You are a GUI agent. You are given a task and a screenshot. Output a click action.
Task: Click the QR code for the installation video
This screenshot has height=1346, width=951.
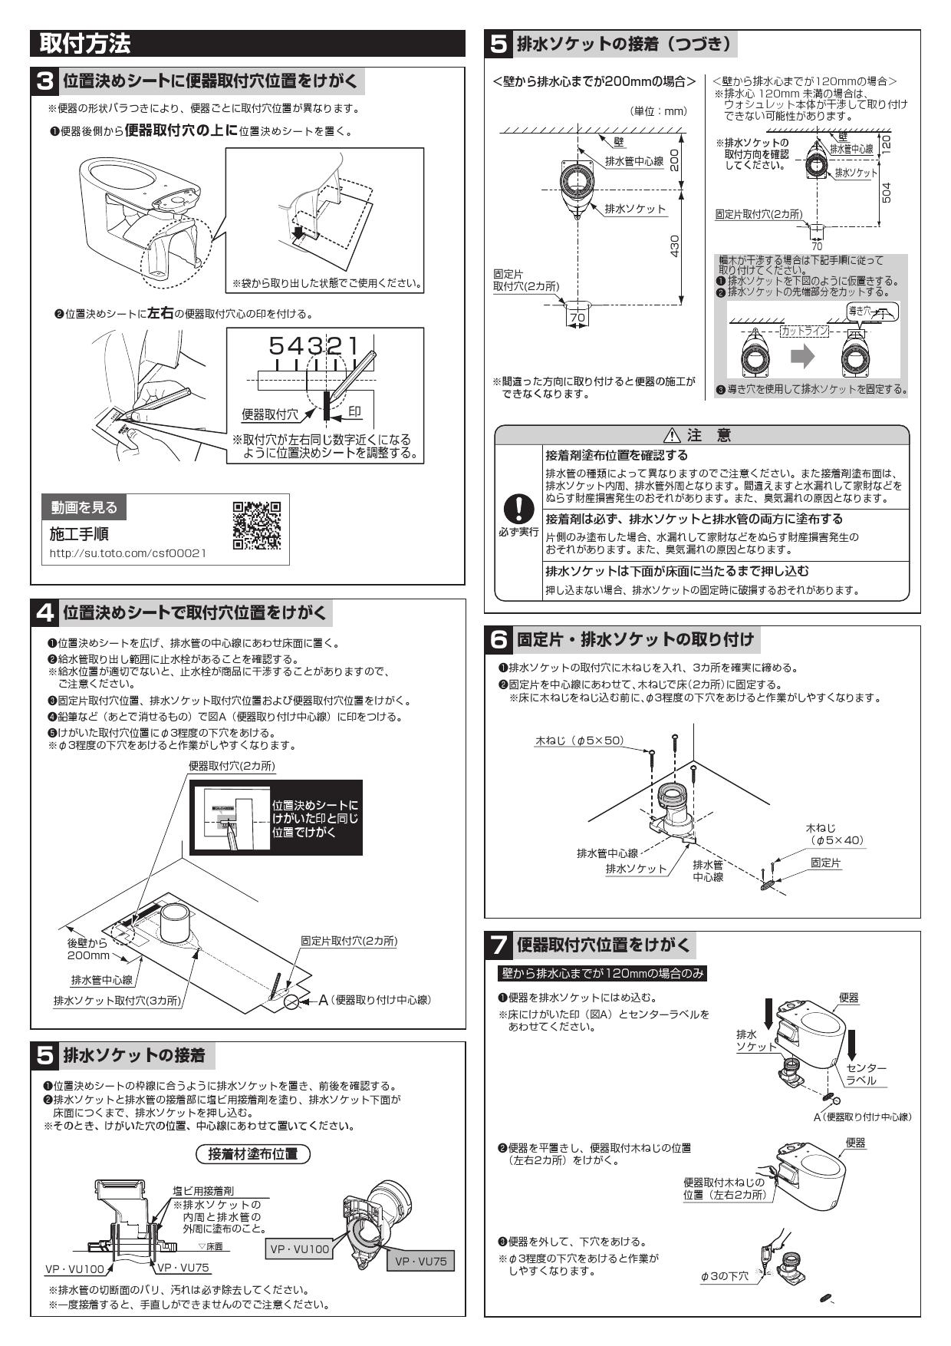tap(256, 526)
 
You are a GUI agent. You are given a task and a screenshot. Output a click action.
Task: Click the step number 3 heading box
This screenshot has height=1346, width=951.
tap(46, 81)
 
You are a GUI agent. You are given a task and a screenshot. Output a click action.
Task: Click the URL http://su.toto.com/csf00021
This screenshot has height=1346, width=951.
tap(128, 553)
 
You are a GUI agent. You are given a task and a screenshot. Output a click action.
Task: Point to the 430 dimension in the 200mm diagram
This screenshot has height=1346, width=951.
tap(675, 246)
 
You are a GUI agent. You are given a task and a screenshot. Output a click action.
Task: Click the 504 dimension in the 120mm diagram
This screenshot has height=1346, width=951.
tap(887, 192)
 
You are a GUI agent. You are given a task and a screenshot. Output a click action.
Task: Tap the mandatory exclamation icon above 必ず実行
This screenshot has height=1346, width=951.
tap(518, 506)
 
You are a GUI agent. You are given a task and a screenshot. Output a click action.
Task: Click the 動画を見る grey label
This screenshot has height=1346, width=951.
tap(84, 507)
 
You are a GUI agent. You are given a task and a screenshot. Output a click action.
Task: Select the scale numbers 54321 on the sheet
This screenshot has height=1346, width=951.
tap(313, 347)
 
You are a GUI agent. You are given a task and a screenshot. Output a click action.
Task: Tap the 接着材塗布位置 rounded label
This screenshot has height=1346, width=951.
tap(253, 1153)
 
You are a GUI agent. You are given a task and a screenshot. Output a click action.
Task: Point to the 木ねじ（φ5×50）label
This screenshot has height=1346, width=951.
tap(579, 741)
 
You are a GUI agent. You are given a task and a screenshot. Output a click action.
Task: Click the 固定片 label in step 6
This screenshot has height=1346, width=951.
tap(826, 863)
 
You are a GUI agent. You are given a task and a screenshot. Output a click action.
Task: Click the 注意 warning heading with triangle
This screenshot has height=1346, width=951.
tap(701, 435)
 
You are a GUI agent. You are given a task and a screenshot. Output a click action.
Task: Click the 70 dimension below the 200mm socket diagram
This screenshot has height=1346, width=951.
tap(577, 317)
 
